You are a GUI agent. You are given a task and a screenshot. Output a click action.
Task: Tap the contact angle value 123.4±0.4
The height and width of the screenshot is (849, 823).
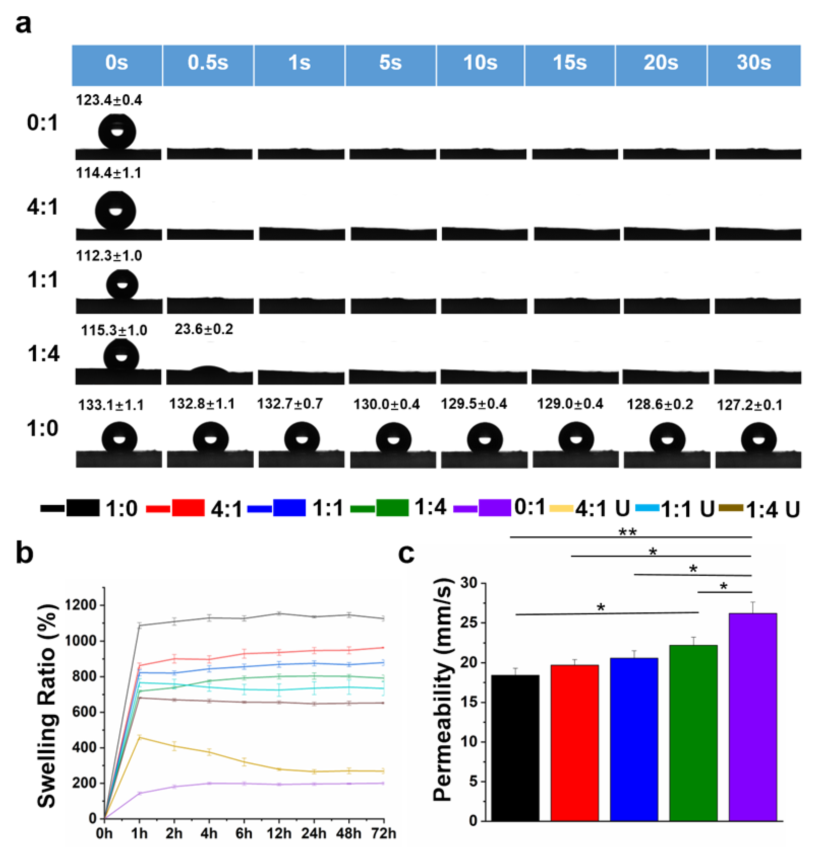tap(109, 101)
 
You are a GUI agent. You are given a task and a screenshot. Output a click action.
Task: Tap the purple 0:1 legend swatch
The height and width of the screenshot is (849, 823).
tap(494, 508)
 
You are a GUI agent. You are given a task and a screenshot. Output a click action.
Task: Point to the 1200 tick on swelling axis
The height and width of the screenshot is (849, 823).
tap(81, 605)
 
